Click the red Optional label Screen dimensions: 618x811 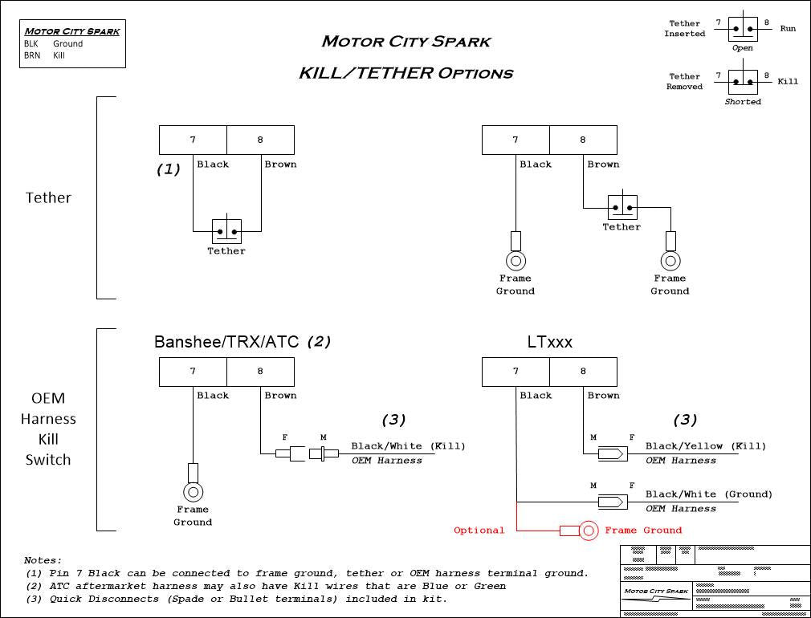pos(479,531)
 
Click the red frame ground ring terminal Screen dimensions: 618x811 pos(589,531)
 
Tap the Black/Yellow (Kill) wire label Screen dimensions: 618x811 pos(706,446)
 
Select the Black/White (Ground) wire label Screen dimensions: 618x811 pos(709,494)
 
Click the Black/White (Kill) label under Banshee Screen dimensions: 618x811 pos(408,446)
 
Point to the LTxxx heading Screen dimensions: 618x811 pos(550,342)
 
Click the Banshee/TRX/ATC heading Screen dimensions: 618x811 pos(226,342)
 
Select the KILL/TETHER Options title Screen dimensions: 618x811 pos(405,73)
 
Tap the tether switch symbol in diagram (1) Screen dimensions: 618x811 pos(226,232)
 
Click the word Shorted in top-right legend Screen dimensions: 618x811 pos(743,102)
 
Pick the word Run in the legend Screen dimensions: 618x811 pos(788,29)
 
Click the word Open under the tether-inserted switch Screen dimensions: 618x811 pos(743,48)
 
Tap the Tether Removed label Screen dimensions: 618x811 pos(684,81)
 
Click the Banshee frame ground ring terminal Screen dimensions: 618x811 pos(193,491)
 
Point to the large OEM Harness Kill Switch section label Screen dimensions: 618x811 pos(48,429)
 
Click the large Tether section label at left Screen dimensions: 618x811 pos(48,197)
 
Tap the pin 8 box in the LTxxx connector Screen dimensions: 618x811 pos(583,372)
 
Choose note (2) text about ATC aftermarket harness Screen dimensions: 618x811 pos(265,586)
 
